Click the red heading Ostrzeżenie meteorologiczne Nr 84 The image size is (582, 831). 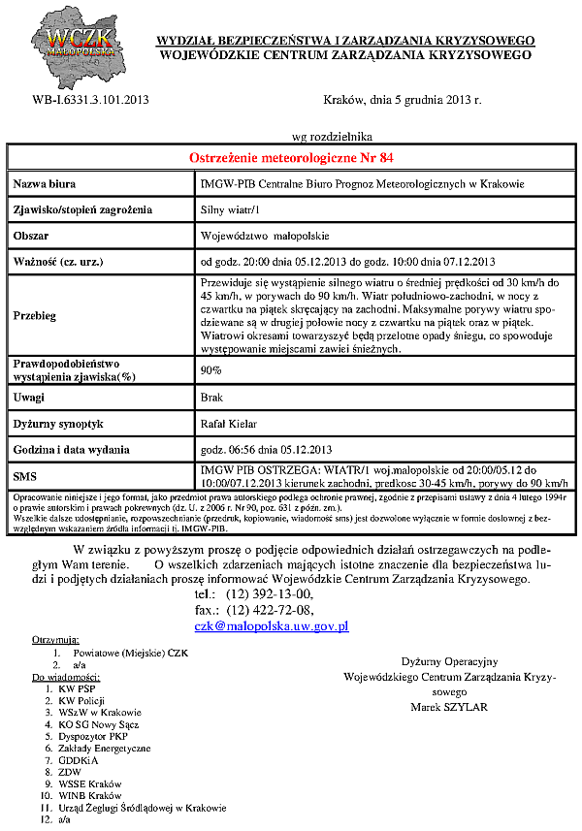coord(290,158)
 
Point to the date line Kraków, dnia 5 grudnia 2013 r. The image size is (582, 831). coord(402,100)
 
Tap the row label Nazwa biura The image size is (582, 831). coord(45,184)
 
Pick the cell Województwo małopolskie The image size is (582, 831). coord(264,236)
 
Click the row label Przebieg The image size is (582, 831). coord(36,315)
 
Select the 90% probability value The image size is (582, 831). coord(210,370)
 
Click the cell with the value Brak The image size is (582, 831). coord(211,398)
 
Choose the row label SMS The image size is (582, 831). coord(25,476)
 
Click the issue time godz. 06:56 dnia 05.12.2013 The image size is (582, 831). coord(266,450)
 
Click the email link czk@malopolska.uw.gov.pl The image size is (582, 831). coord(272,627)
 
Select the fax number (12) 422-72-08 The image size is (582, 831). coord(270,610)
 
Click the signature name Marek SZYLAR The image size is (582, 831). coord(449,707)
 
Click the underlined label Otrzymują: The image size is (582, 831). coord(55,641)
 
